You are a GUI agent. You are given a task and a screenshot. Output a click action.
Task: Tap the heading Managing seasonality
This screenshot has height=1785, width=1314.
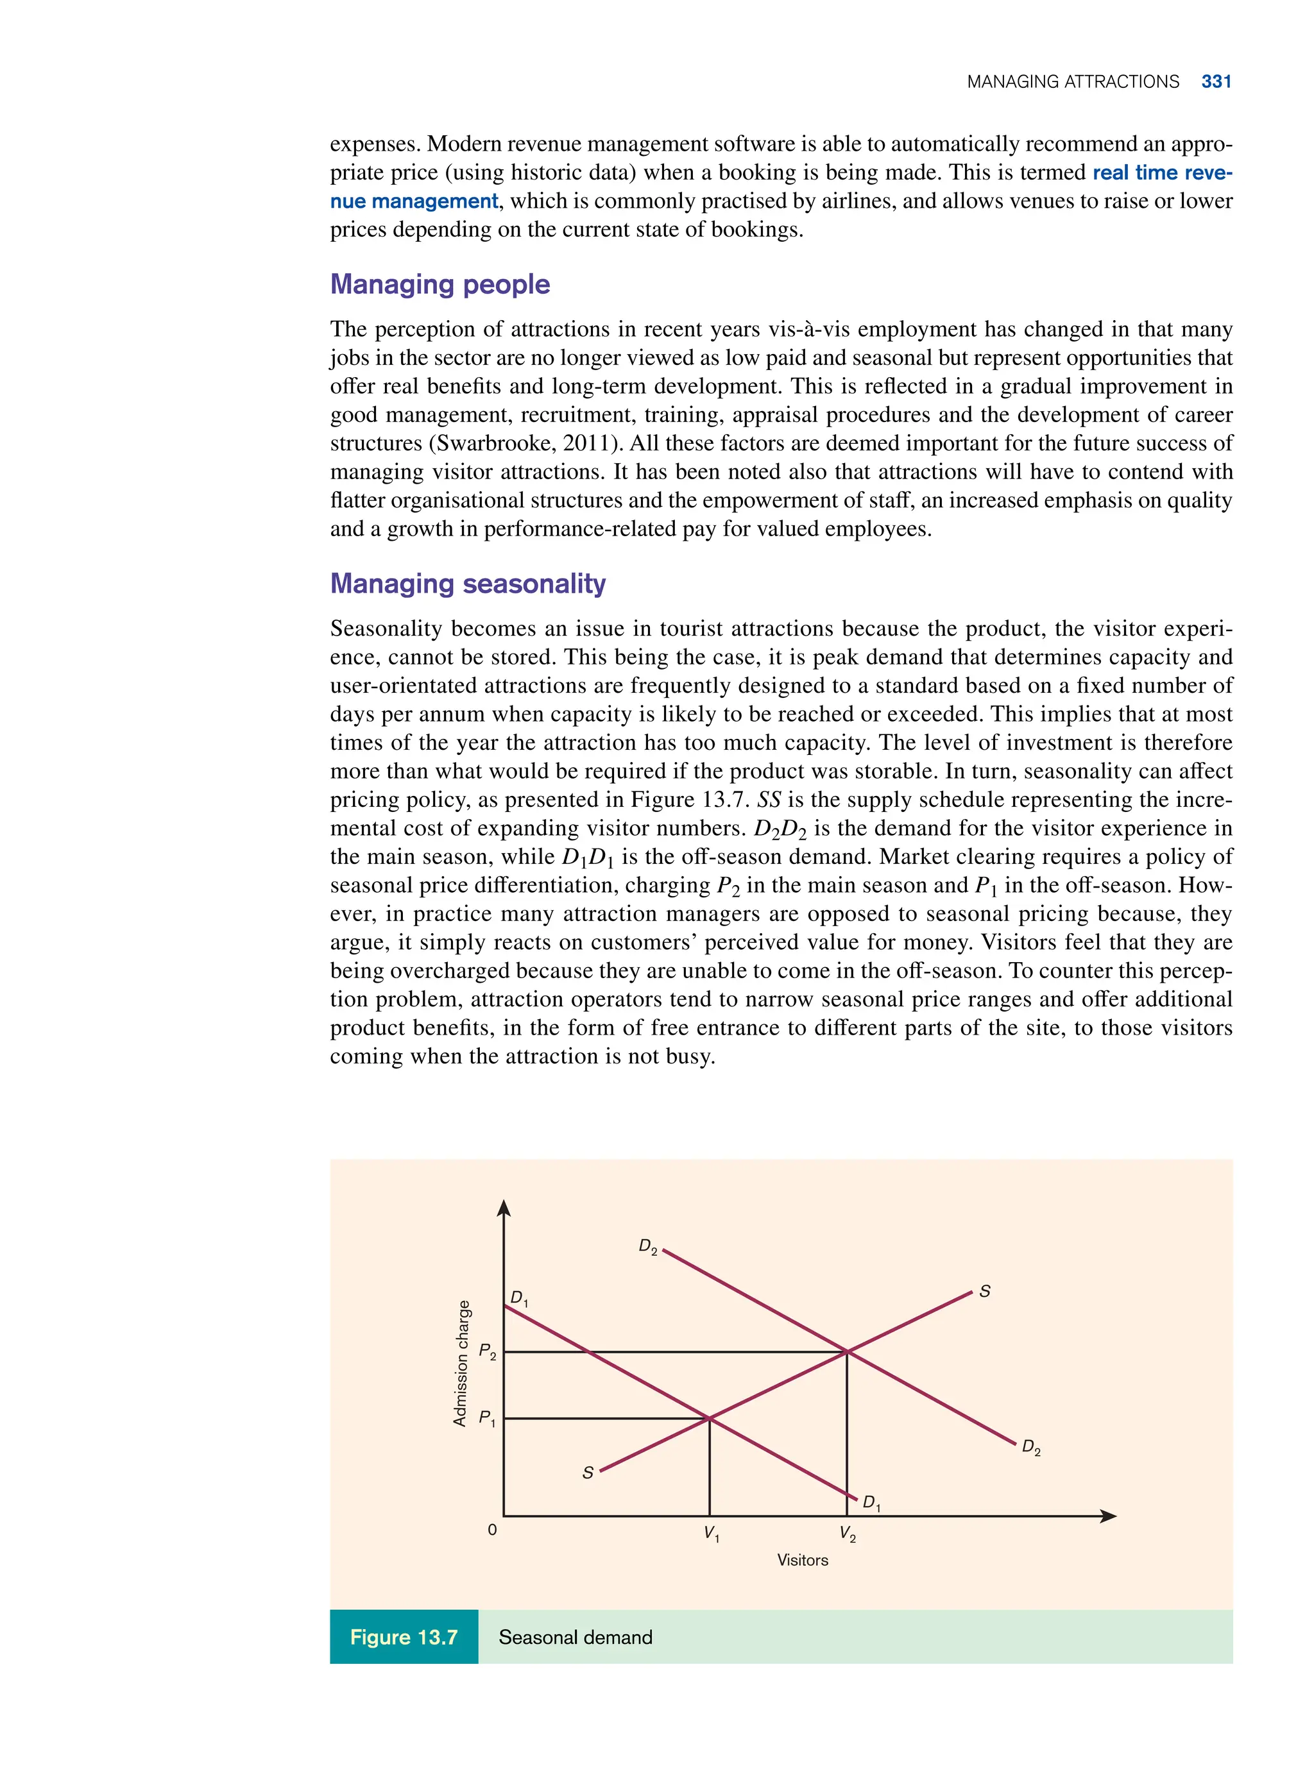point(467,584)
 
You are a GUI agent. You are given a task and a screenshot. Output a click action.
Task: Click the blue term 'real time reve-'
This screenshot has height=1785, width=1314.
point(1161,173)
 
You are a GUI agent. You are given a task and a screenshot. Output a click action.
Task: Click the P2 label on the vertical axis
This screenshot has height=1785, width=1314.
point(487,1351)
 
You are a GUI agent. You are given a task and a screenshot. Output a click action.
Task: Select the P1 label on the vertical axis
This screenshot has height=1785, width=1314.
point(487,1419)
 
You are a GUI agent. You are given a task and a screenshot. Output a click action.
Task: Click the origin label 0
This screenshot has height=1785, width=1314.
point(492,1530)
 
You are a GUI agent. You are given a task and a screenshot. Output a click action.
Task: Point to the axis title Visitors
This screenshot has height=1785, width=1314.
point(802,1560)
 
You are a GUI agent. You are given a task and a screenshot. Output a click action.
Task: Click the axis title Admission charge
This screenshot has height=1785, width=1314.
point(460,1363)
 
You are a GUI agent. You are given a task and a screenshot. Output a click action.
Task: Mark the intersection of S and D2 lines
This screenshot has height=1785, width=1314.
point(847,1351)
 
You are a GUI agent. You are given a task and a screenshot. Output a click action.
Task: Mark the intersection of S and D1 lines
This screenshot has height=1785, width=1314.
point(710,1417)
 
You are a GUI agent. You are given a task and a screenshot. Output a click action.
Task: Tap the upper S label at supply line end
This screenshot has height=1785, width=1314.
point(984,1292)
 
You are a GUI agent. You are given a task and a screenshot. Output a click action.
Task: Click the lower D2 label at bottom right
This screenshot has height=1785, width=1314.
point(1031,1447)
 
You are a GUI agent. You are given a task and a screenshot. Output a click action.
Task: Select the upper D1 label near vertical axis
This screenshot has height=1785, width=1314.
point(518,1298)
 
